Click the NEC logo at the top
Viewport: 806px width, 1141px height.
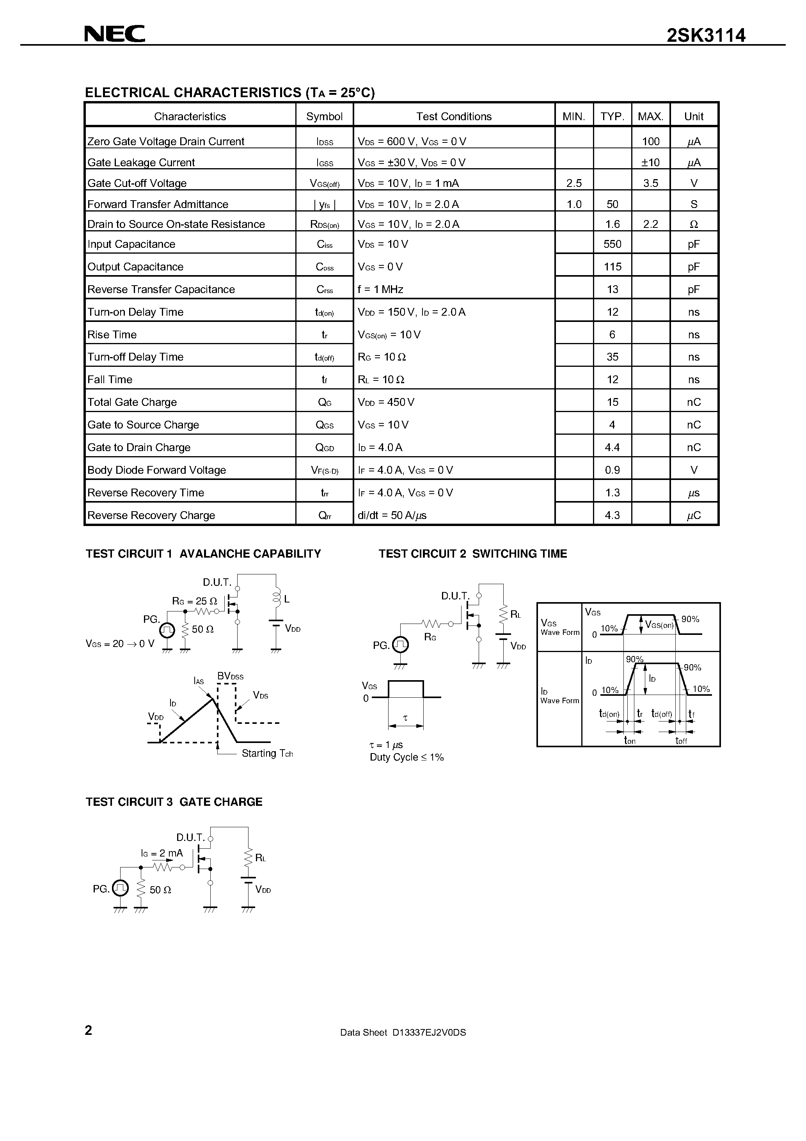[x=114, y=34]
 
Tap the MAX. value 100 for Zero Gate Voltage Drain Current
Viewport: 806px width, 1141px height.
[x=650, y=142]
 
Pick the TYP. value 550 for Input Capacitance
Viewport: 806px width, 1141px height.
[x=612, y=244]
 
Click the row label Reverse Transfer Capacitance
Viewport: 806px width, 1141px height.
[x=161, y=289]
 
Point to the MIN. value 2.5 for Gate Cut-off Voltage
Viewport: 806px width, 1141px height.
[x=574, y=183]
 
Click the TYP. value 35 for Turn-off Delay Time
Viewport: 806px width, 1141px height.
[x=612, y=357]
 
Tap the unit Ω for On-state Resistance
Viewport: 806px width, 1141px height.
[x=694, y=224]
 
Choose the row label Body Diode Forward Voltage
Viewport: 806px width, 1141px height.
[x=156, y=470]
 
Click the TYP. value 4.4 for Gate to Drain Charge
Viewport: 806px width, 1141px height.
[x=612, y=447]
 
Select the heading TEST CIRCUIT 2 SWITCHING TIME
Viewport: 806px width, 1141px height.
[x=472, y=554]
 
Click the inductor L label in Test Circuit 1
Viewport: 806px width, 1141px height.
[x=287, y=599]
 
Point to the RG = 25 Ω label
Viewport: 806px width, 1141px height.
[x=194, y=601]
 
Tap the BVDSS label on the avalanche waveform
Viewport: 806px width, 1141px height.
[x=231, y=676]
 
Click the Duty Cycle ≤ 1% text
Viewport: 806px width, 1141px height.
[x=407, y=757]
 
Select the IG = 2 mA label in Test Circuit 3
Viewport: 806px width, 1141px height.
[x=162, y=853]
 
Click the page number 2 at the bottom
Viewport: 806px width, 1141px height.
[x=89, y=1030]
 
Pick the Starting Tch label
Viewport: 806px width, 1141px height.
[x=267, y=754]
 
